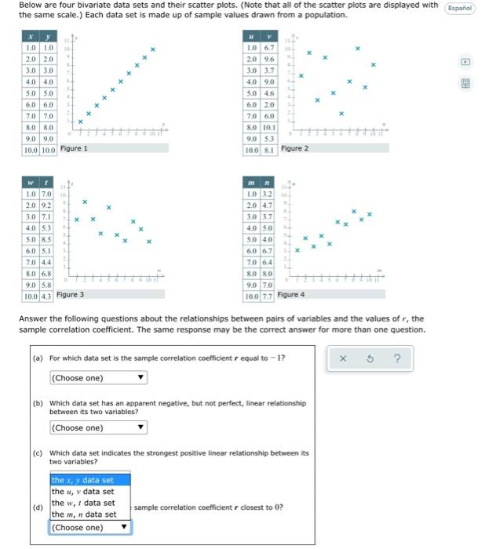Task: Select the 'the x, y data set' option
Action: [x=82, y=480]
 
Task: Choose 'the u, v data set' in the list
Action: [x=82, y=492]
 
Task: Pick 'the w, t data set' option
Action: [x=82, y=503]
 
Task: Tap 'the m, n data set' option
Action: [x=83, y=514]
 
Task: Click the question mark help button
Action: [x=398, y=360]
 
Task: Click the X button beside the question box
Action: [x=343, y=360]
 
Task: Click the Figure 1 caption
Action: [x=74, y=148]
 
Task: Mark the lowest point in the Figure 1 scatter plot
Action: [x=79, y=121]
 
